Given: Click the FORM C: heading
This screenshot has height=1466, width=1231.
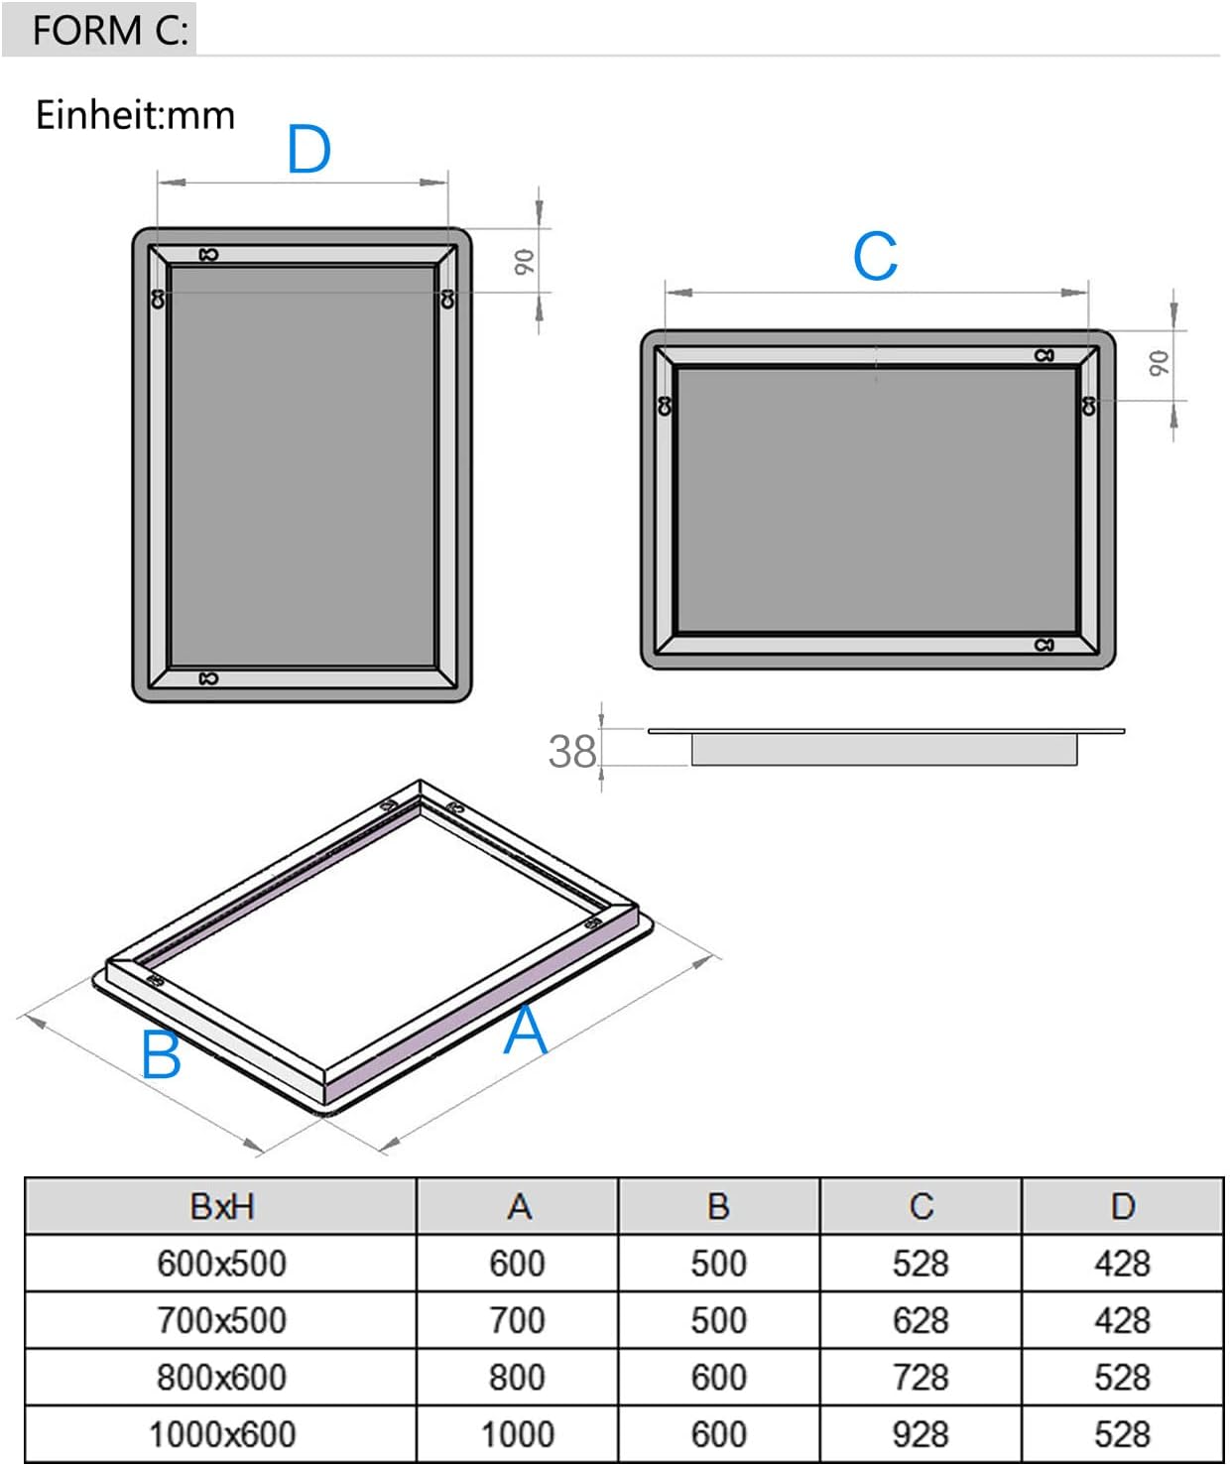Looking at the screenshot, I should click(109, 30).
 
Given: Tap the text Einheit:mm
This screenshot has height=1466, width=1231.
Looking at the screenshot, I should click(135, 115).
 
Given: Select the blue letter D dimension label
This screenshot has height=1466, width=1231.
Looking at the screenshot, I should click(308, 151).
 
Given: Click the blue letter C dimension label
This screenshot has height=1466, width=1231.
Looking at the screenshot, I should click(875, 257).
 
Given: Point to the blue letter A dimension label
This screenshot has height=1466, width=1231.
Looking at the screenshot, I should click(525, 1031).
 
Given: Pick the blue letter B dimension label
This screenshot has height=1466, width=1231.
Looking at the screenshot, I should click(161, 1054).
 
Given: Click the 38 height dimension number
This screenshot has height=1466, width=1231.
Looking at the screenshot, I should click(572, 752).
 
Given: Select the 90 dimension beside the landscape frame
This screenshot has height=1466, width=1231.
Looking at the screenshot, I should click(1159, 364).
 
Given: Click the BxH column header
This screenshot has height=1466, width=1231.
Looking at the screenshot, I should click(221, 1206).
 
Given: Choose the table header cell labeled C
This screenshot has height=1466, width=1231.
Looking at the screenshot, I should click(921, 1206).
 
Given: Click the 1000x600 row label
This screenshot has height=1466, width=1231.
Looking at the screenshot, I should click(221, 1434).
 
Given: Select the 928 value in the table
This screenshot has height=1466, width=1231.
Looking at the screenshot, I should click(921, 1434).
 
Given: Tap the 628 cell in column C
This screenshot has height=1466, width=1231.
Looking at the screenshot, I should click(921, 1320).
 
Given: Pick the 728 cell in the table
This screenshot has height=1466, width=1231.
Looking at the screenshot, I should click(921, 1378).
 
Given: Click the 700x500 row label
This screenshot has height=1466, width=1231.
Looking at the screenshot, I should click(221, 1320).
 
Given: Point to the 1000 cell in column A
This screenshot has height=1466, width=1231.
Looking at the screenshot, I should click(517, 1434).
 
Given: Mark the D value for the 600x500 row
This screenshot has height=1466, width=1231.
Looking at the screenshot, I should click(1122, 1264).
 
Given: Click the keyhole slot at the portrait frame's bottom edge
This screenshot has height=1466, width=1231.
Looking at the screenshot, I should click(208, 678).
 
